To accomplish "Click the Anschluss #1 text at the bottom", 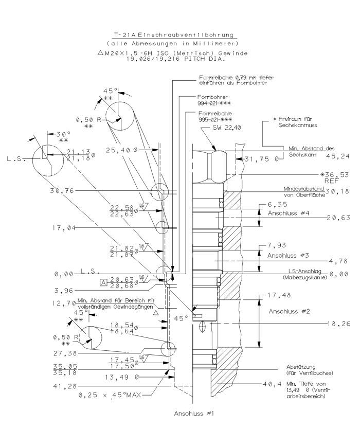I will click(194, 413).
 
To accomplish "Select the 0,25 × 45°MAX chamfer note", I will click(109, 395).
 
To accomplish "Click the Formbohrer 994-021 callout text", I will click(210, 100).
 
